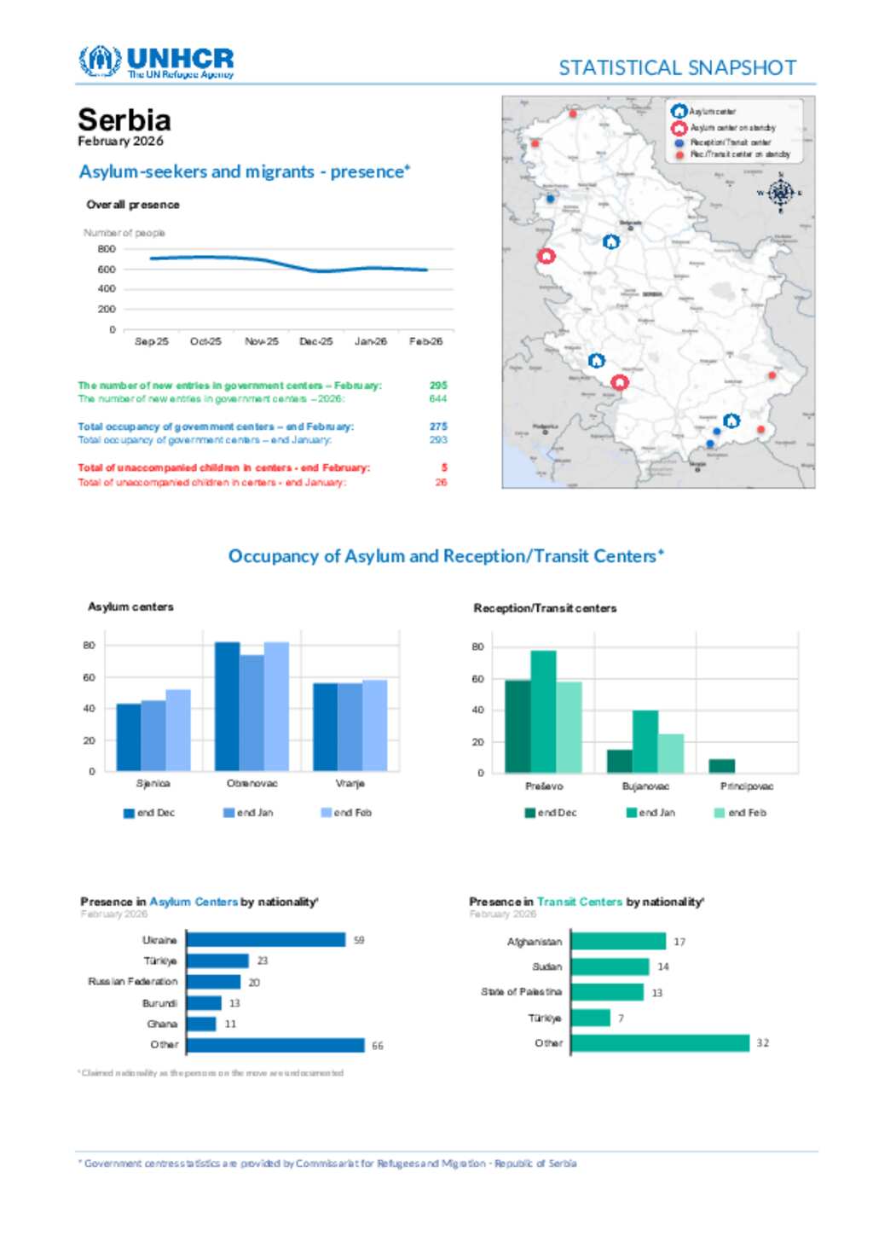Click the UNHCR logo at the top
tap(156, 62)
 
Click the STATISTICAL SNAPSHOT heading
tap(677, 68)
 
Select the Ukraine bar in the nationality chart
tap(266, 940)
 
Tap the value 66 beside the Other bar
tap(378, 1046)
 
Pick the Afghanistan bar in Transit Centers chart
tap(618, 942)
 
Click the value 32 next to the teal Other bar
tap(762, 1043)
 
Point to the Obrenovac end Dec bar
tap(227, 706)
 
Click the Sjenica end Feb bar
tap(178, 730)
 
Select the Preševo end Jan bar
tap(543, 712)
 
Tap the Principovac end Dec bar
tap(721, 766)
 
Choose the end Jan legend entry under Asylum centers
tap(248, 813)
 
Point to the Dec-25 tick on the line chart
tap(315, 341)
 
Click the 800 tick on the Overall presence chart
tap(107, 249)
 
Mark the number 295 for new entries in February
tap(438, 386)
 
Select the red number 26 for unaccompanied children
tap(441, 482)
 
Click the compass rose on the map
tap(780, 193)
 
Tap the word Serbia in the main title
tap(124, 119)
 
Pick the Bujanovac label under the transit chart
tap(645, 786)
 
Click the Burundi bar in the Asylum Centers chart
tap(204, 1003)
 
